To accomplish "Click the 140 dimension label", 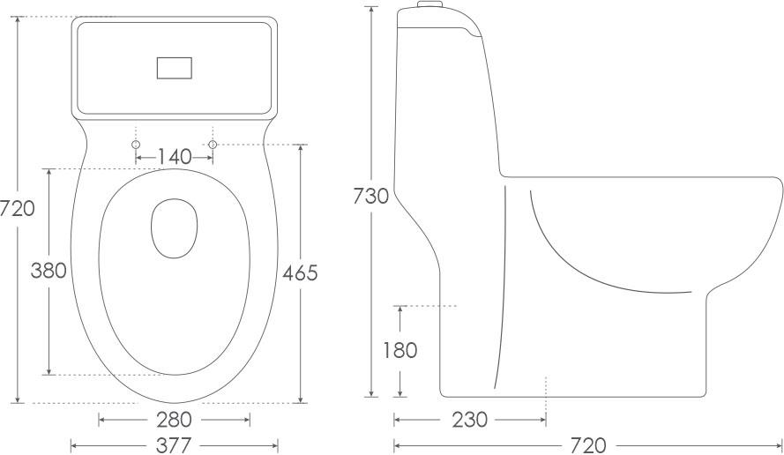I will pyautogui.click(x=175, y=157).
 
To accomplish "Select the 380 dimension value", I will pyautogui.click(x=49, y=271).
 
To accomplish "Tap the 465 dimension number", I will pyautogui.click(x=300, y=272).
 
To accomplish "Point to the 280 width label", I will pyautogui.click(x=174, y=420).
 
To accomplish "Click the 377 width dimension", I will pyautogui.click(x=174, y=444).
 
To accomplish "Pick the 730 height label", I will pyautogui.click(x=370, y=197).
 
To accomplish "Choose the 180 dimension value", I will pyautogui.click(x=399, y=350).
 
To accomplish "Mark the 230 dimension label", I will pyautogui.click(x=469, y=420).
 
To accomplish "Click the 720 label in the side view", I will pyautogui.click(x=588, y=444).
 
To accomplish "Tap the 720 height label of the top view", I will pyautogui.click(x=18, y=209).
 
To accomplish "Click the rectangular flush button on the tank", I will pyautogui.click(x=174, y=67).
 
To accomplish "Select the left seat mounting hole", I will pyautogui.click(x=136, y=145).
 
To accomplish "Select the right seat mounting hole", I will pyautogui.click(x=213, y=145).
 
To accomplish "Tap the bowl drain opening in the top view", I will pyautogui.click(x=173, y=229).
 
